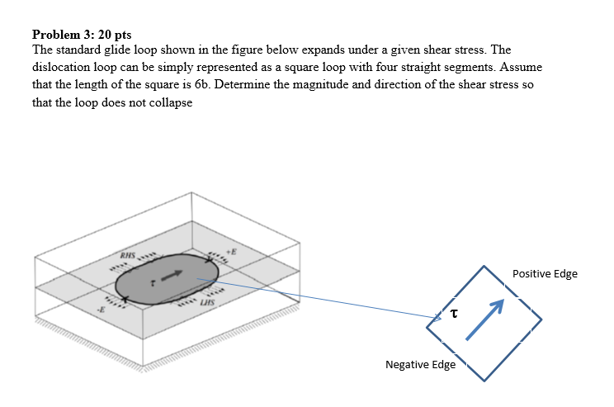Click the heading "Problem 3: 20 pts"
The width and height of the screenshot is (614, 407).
click(x=82, y=35)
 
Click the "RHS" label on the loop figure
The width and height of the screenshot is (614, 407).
click(x=128, y=255)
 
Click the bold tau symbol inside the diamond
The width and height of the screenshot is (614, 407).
click(x=453, y=313)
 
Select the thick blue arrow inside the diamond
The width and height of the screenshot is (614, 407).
click(x=484, y=319)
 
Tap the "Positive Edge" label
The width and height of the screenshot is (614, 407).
click(x=545, y=273)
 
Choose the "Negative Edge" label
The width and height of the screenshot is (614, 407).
click(x=419, y=364)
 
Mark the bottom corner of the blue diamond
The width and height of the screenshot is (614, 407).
click(x=485, y=381)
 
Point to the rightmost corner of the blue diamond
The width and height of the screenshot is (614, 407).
click(x=542, y=323)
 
